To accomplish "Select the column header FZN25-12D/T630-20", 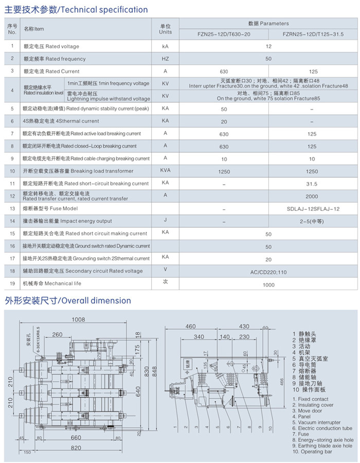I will pyautogui.click(x=224, y=34).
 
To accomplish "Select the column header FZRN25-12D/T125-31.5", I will pyautogui.click(x=313, y=34).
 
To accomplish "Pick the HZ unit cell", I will pyautogui.click(x=165, y=59).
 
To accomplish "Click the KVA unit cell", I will pyautogui.click(x=165, y=171).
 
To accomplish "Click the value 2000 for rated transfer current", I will pyautogui.click(x=312, y=197).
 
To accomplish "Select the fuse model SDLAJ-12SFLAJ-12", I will pyautogui.click(x=312, y=209).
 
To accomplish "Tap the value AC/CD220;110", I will pyautogui.click(x=268, y=271).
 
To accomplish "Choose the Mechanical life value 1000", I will pyautogui.click(x=268, y=284).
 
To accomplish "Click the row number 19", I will pyautogui.click(x=12, y=283).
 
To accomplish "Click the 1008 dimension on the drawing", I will pyautogui.click(x=78, y=319).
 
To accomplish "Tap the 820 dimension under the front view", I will pyautogui.click(x=76, y=447).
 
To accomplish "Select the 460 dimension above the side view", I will pyautogui.click(x=191, y=326).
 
